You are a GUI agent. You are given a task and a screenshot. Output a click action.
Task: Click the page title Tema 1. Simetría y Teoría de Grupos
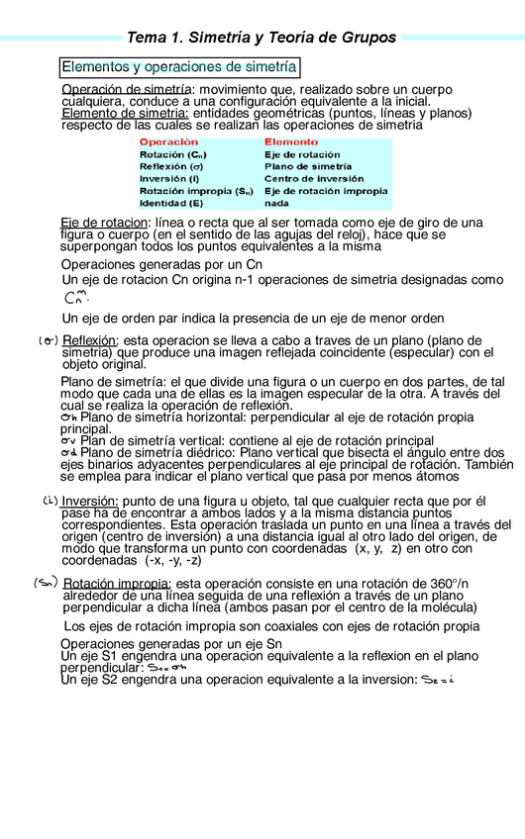coord(262,38)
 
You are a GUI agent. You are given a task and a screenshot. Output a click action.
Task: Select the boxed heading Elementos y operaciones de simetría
coord(179,67)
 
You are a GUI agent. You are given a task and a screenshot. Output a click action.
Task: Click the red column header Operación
coord(168,142)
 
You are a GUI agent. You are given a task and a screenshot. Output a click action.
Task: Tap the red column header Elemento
coord(291,142)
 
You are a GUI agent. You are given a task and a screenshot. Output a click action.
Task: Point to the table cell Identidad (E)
coord(171,203)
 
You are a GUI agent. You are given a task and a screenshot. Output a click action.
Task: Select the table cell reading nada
coord(276,203)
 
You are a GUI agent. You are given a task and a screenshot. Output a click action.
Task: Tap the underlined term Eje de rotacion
coord(104,223)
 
